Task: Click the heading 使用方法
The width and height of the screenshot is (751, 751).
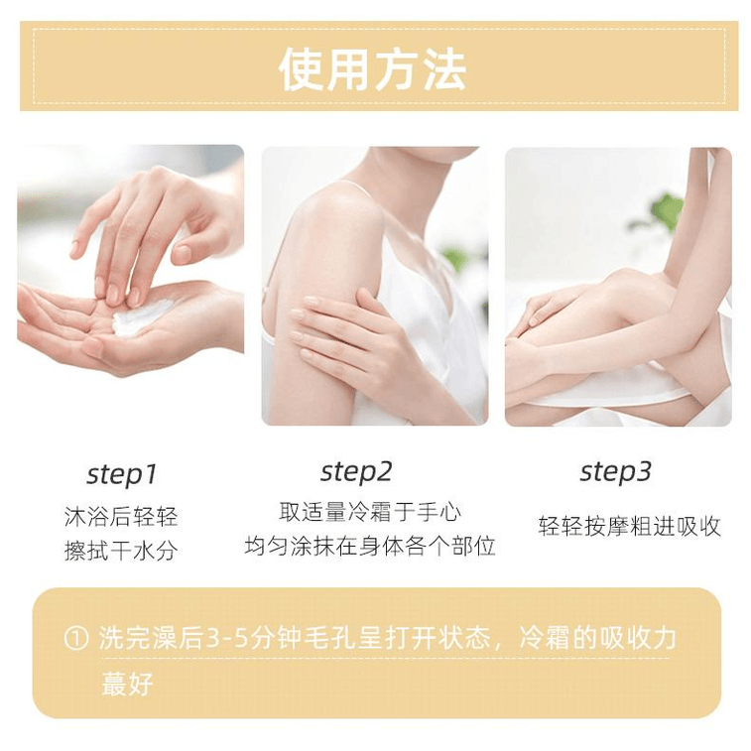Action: pos(372,69)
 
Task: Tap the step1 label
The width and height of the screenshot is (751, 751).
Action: pos(122,474)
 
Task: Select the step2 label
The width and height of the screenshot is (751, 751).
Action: pos(356,472)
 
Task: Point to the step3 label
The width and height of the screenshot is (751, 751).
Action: pos(615,472)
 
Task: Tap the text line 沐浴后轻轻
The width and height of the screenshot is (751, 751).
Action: pos(121,517)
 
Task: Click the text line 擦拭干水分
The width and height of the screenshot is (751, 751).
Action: pos(121,551)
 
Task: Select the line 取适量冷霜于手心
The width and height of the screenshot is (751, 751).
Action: pos(370,512)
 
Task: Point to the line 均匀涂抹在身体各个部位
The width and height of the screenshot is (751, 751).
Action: pos(370,546)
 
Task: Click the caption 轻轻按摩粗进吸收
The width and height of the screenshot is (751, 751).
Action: pos(629,527)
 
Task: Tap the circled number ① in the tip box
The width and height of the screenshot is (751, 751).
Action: pos(76,639)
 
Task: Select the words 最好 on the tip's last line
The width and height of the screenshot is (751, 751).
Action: pos(127,684)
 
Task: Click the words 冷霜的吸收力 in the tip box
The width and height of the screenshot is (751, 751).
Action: pos(598,639)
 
